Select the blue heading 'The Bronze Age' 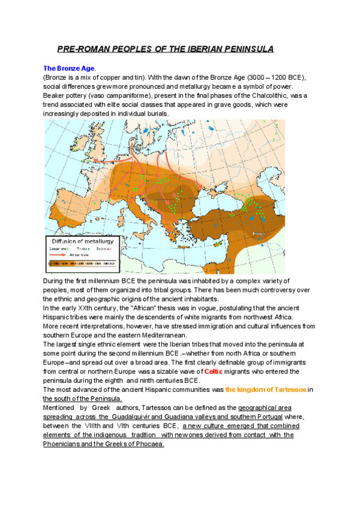click(68, 69)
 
